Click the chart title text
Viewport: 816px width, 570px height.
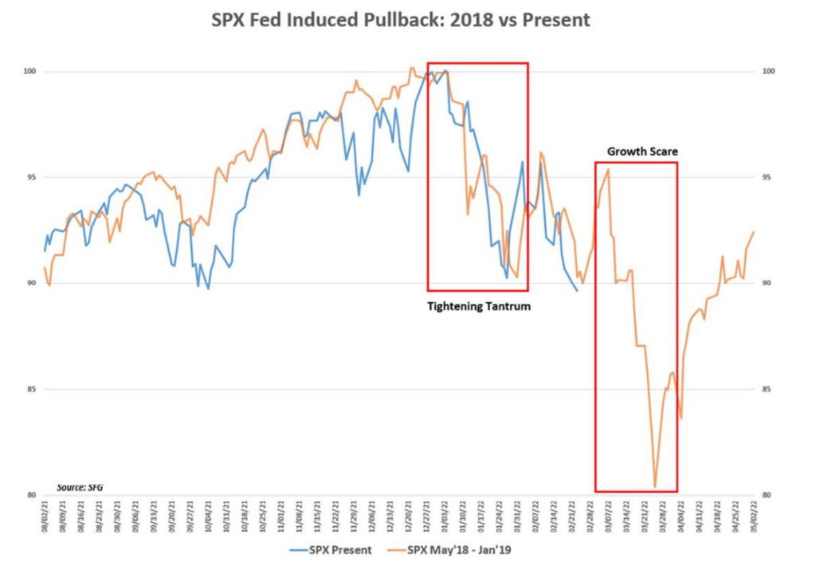point(401,21)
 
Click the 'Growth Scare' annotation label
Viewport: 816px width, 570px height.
point(635,151)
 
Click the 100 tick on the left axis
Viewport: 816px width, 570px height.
point(29,72)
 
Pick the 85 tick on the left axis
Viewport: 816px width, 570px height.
point(30,389)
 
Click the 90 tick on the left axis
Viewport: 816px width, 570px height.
point(30,283)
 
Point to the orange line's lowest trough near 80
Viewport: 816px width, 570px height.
point(655,487)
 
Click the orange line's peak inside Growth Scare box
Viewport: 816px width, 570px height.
point(609,169)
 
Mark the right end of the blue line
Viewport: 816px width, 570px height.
point(578,291)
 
